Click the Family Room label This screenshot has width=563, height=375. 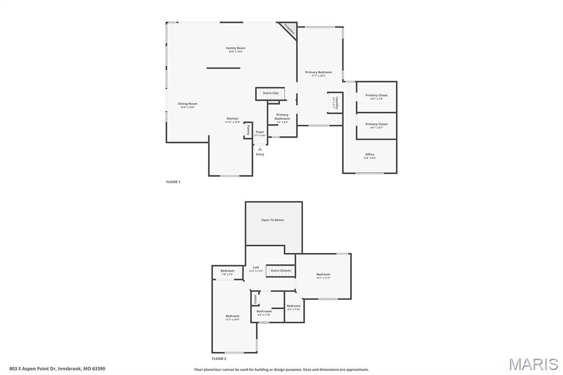tap(235, 49)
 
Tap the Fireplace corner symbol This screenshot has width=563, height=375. tap(289, 29)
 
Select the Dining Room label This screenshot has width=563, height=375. tap(187, 104)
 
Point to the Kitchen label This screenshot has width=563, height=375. tap(233, 120)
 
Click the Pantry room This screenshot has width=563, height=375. tap(248, 130)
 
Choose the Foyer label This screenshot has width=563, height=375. tap(260, 133)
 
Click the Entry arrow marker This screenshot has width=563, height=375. tap(260, 149)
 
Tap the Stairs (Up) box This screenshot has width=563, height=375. tap(271, 93)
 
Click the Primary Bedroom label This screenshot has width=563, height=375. tap(318, 73)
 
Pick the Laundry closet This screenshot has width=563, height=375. tap(335, 102)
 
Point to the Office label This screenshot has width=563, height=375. tap(369, 155)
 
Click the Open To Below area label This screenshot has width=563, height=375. tap(273, 220)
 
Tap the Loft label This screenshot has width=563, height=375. tap(256, 268)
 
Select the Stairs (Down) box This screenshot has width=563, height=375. tap(280, 271)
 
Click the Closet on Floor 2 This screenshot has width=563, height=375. tap(255, 299)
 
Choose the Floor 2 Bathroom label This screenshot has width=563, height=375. tap(264, 312)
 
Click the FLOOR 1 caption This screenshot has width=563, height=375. tap(173, 181)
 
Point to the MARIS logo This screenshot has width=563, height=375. tap(533, 364)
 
